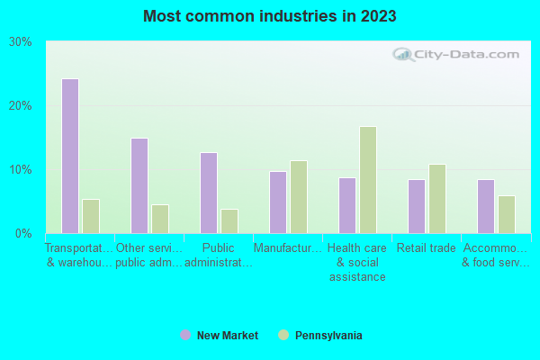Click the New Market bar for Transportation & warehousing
pos(70,156)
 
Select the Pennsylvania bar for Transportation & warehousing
pos(91,216)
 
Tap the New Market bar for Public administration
pos(209,193)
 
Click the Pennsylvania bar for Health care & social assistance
pos(368,179)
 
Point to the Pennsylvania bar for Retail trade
pos(437,198)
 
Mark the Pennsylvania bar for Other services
pos(160,219)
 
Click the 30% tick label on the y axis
pos(21,42)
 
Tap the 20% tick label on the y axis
pos(21,106)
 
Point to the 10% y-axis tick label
pos(21,170)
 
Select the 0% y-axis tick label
pos(24,234)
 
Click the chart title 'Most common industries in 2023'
pos(269,16)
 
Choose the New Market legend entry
pos(220,336)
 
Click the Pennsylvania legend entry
pos(320,336)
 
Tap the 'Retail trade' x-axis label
pos(427,248)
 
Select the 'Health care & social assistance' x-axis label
pos(356,262)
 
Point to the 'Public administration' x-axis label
pos(218,255)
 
